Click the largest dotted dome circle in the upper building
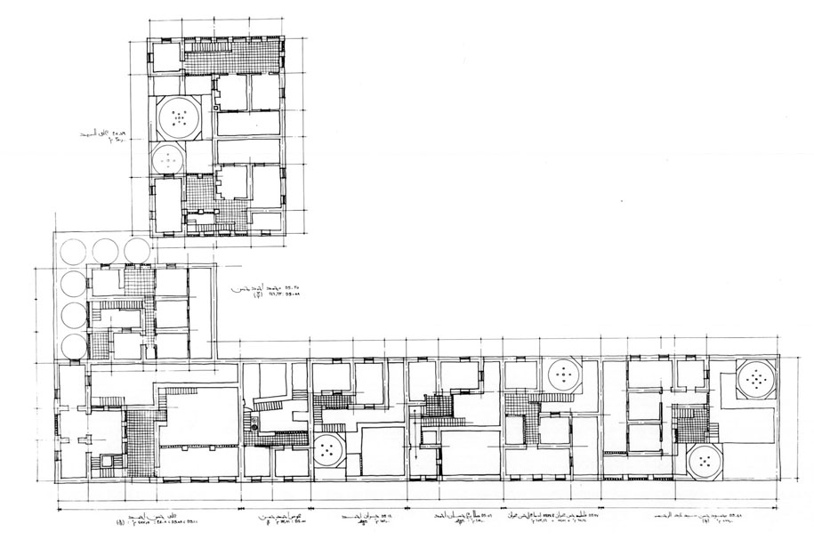180,116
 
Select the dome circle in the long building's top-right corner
757,380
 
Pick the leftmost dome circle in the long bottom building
328,450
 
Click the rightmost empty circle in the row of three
136,249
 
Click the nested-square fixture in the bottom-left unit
108,461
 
